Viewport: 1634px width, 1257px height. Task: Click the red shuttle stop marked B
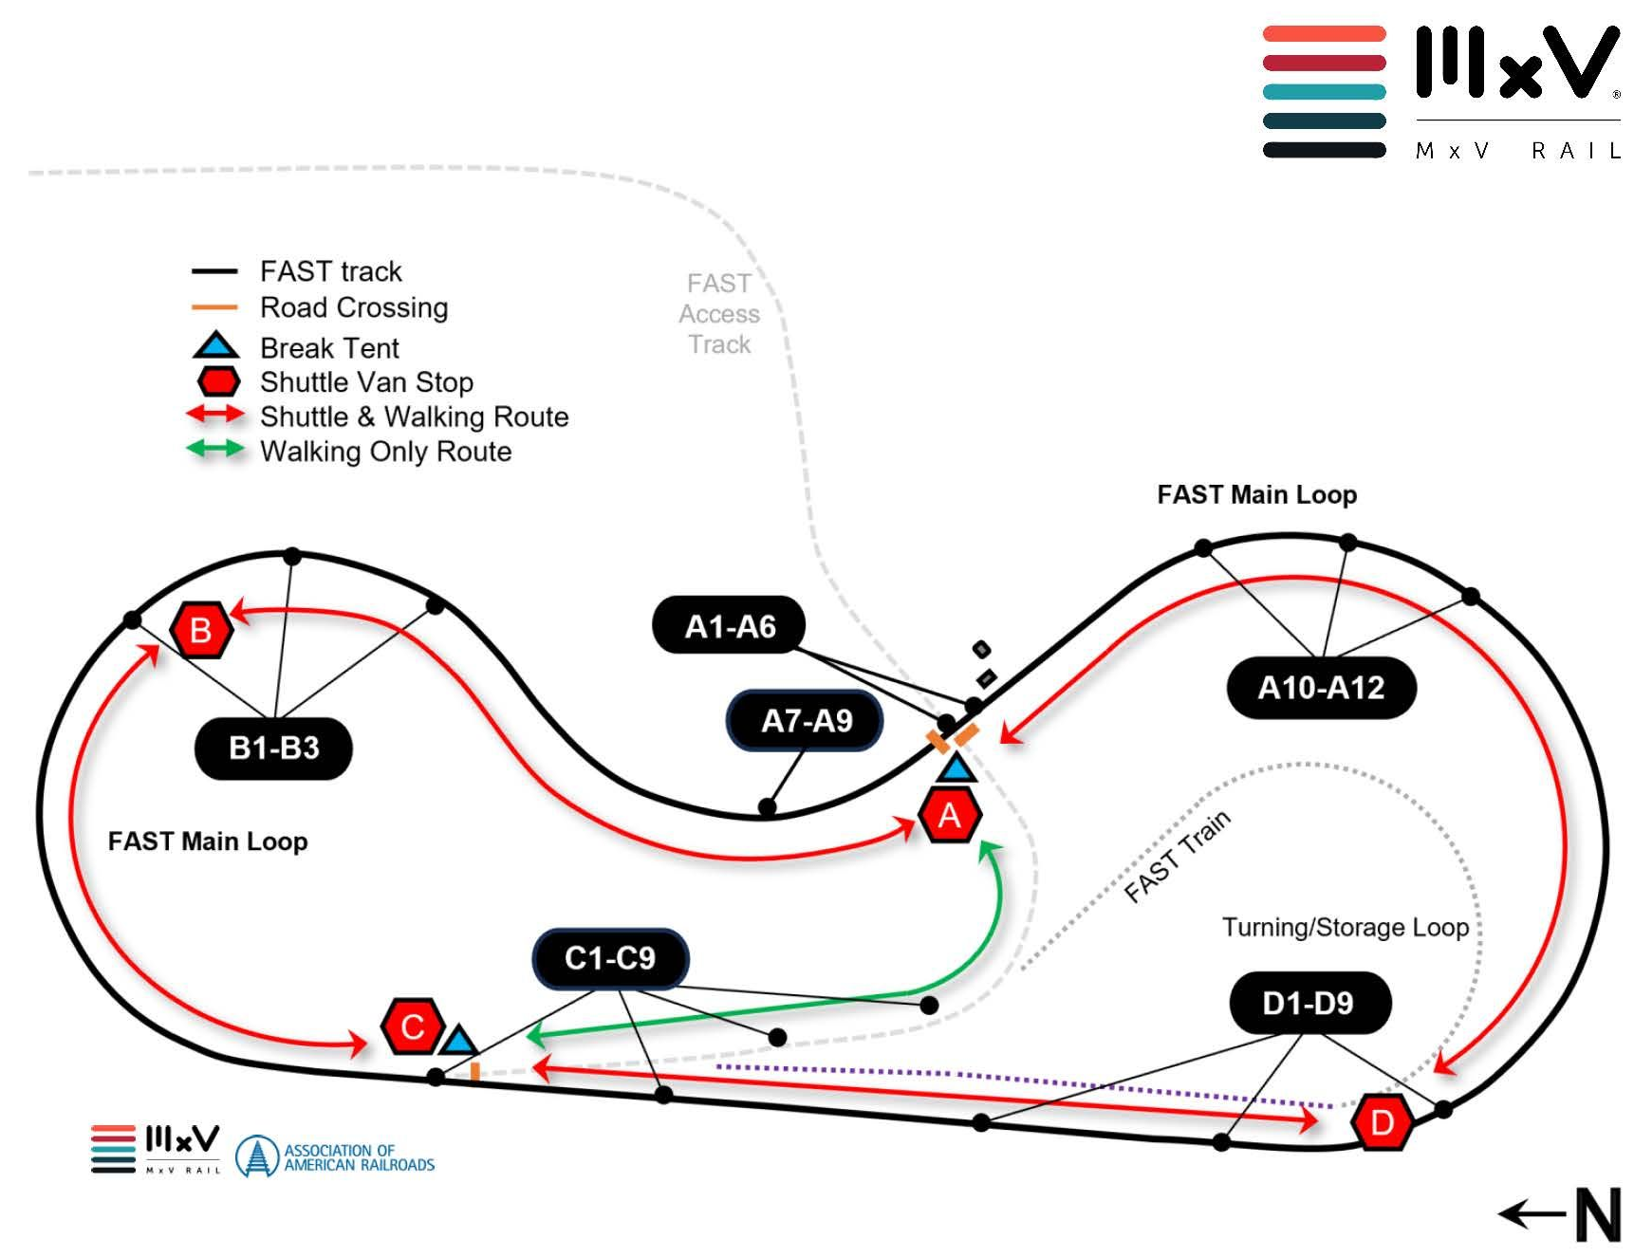tap(201, 630)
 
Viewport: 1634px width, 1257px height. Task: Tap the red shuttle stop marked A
tap(950, 816)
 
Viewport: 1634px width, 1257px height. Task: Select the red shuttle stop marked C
tap(412, 1026)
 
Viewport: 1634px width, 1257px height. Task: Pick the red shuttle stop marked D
tap(1382, 1123)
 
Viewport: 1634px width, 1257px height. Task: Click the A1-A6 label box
tap(729, 626)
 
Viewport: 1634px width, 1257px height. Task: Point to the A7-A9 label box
tap(806, 721)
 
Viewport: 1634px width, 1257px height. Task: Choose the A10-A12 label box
tap(1321, 688)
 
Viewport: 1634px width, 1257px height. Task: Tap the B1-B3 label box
tap(273, 749)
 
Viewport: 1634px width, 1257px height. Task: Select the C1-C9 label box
tap(610, 958)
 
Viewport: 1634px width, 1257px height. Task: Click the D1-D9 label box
tap(1309, 1003)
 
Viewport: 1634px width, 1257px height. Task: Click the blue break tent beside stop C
tap(459, 1042)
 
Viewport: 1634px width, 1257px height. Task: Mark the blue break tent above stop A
tap(956, 768)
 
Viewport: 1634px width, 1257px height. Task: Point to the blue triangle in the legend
tap(216, 346)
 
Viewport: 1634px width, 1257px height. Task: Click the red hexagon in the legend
tap(218, 381)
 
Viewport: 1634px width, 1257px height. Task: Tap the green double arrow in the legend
tap(215, 450)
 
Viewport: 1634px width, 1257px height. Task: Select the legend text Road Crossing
tap(354, 307)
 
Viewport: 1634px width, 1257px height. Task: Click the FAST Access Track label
tap(719, 314)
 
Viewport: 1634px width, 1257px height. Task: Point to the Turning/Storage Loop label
tap(1345, 927)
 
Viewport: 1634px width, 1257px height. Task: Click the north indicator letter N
tap(1598, 1214)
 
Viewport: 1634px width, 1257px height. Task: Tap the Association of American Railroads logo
tap(336, 1156)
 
